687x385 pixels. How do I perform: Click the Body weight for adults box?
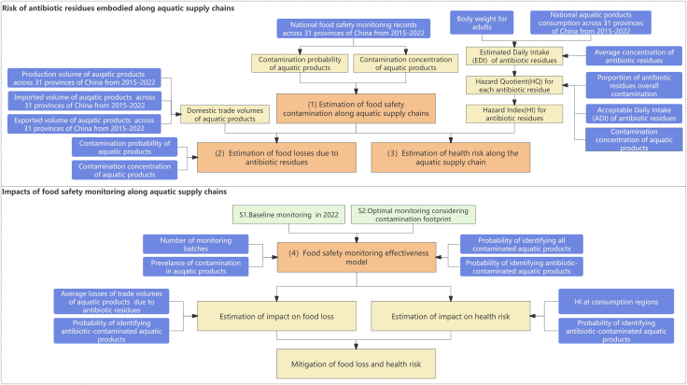tap(482, 22)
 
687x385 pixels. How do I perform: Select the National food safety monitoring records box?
tap(353, 29)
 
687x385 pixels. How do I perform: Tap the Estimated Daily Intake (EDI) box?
tap(514, 56)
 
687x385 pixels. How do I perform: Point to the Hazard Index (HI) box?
tap(514, 114)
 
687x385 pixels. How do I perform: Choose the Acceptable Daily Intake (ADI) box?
tap(634, 114)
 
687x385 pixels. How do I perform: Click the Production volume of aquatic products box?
tap(84, 78)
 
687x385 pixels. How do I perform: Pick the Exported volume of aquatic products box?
tap(84, 124)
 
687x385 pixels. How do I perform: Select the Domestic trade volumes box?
tap(225, 114)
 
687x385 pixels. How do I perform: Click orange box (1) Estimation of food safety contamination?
tap(356, 108)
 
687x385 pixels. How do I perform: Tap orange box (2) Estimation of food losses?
tap(276, 157)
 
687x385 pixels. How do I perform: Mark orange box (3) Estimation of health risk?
tap(451, 157)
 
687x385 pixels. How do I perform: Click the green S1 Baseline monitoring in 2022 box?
tap(288, 214)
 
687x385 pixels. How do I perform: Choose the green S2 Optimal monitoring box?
tap(414, 214)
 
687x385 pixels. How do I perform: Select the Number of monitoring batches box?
tap(195, 244)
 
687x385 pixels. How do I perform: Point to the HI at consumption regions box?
tap(616, 302)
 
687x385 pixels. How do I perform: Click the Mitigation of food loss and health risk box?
tap(356, 364)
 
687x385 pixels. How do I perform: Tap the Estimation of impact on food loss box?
tap(276, 316)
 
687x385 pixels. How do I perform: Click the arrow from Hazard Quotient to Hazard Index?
tap(514, 100)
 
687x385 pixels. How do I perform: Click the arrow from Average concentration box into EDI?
tap(574, 56)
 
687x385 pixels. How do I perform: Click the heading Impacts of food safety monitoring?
tap(115, 192)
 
